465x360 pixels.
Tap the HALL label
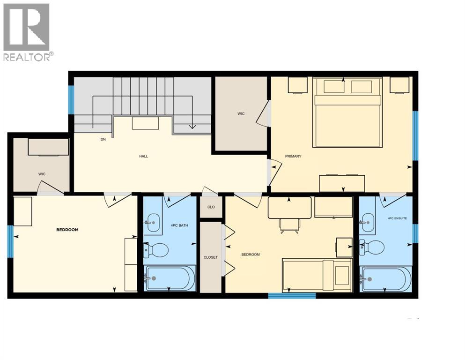point(143,156)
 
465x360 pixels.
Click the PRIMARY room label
point(293,156)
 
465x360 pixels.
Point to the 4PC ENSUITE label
point(397,218)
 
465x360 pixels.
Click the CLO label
point(211,207)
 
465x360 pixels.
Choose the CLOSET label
point(210,257)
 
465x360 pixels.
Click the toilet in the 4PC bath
point(157,250)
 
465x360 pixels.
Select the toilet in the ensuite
point(373,247)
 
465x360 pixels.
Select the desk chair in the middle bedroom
point(289,225)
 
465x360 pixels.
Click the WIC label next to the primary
point(241,114)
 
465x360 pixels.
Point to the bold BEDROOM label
point(67,230)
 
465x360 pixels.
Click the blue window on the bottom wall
point(292,296)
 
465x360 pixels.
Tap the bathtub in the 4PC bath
point(170,278)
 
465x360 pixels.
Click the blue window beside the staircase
point(71,100)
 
